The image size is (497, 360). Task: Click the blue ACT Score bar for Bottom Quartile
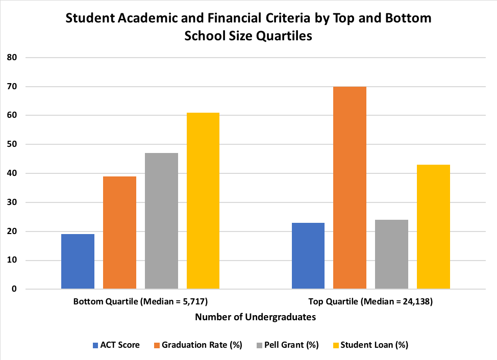tap(78, 262)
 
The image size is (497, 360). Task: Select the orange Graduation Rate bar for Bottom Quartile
tap(119, 233)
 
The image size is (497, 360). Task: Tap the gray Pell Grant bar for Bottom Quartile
tap(161, 221)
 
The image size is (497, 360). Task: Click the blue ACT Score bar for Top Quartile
tap(308, 256)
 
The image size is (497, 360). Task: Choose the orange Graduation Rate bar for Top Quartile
tap(350, 188)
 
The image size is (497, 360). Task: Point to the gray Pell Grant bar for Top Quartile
tap(391, 254)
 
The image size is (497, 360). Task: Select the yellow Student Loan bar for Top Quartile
tap(433, 227)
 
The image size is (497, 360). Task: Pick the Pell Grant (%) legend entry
tap(288, 345)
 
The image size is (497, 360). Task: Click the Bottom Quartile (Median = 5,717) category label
tap(140, 301)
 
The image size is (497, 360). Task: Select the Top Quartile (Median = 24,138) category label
tap(370, 301)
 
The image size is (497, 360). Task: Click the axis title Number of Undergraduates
tap(255, 317)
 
